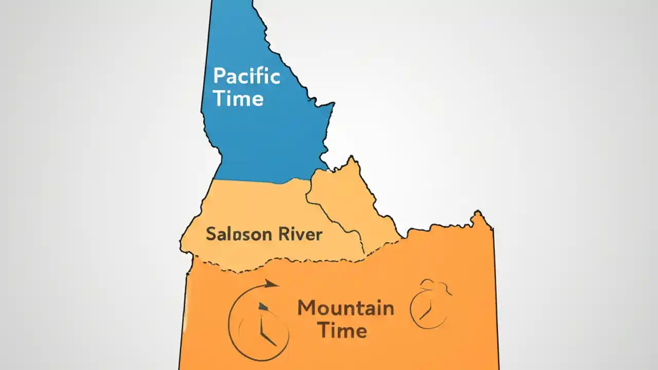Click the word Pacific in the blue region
pos(247,77)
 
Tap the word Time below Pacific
pos(239,98)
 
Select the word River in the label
pos(300,234)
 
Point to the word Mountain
pos(345,308)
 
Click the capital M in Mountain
pos(307,308)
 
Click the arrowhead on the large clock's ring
pos(271,284)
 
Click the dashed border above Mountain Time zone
pos(288,263)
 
